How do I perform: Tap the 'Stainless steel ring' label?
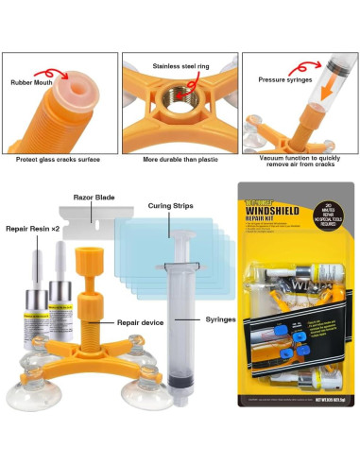(180, 66)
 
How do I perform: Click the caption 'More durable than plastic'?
(180, 159)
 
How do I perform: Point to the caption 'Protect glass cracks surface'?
(59, 159)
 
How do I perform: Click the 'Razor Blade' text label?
(94, 198)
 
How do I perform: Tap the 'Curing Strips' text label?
(170, 204)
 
